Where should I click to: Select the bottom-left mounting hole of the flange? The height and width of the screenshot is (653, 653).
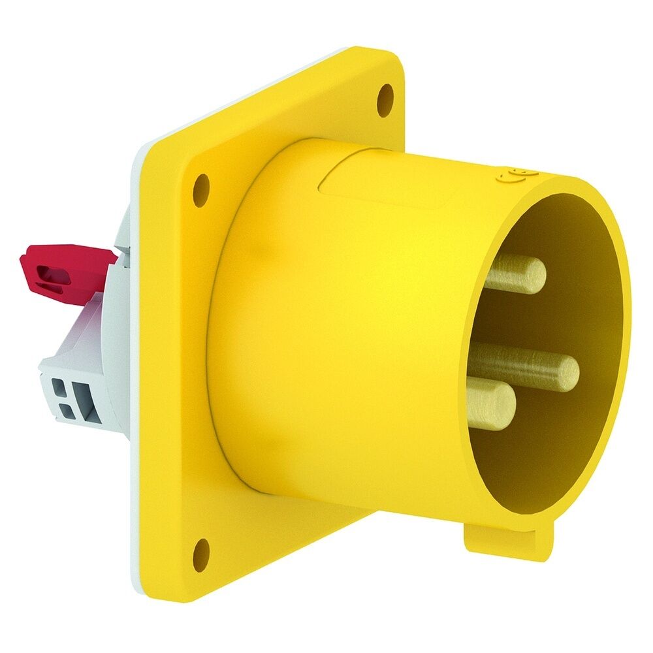pos(202,554)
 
